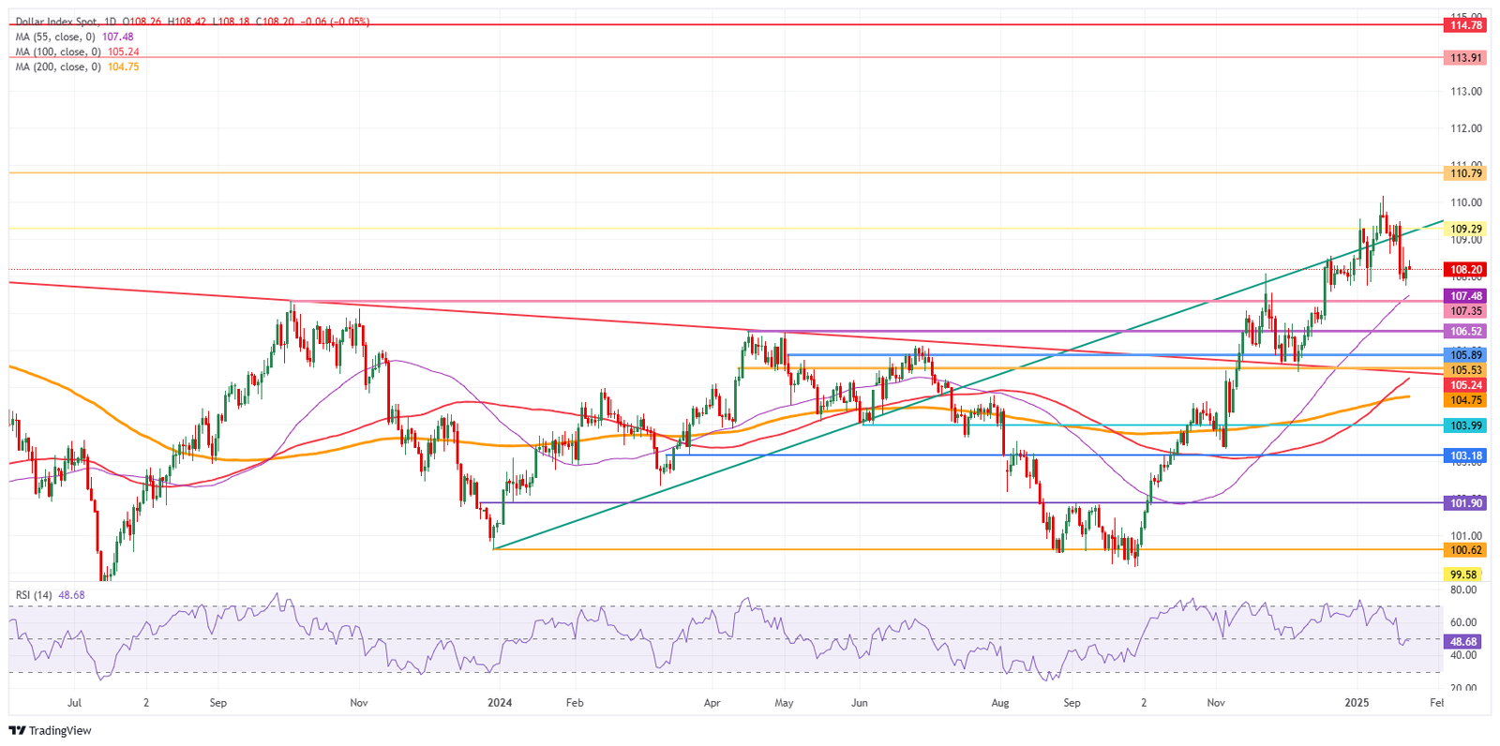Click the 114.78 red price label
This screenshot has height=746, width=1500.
[x=1466, y=25]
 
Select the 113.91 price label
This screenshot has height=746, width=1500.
[x=1466, y=58]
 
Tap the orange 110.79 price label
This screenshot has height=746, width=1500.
[x=1466, y=173]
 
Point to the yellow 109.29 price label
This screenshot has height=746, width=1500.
[x=1466, y=229]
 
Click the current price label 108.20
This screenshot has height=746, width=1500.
[x=1466, y=270]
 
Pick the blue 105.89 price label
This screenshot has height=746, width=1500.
[x=1466, y=355]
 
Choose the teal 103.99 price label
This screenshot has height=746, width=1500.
[x=1466, y=425]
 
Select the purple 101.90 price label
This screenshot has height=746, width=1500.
[x=1466, y=503]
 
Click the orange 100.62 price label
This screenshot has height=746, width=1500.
[x=1466, y=550]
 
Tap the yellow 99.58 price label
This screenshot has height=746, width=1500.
[x=1463, y=574]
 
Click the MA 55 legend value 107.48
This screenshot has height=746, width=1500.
[x=118, y=37]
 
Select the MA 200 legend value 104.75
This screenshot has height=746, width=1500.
[x=124, y=67]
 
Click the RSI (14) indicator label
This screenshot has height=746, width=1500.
[x=35, y=595]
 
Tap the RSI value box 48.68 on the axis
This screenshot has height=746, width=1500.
[x=1463, y=642]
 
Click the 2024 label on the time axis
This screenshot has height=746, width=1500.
[x=500, y=703]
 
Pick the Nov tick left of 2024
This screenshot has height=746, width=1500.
[x=357, y=703]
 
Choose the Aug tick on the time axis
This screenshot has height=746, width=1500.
[x=1000, y=703]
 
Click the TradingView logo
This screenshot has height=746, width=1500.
[x=52, y=731]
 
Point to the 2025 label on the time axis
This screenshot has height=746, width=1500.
[x=1357, y=703]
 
